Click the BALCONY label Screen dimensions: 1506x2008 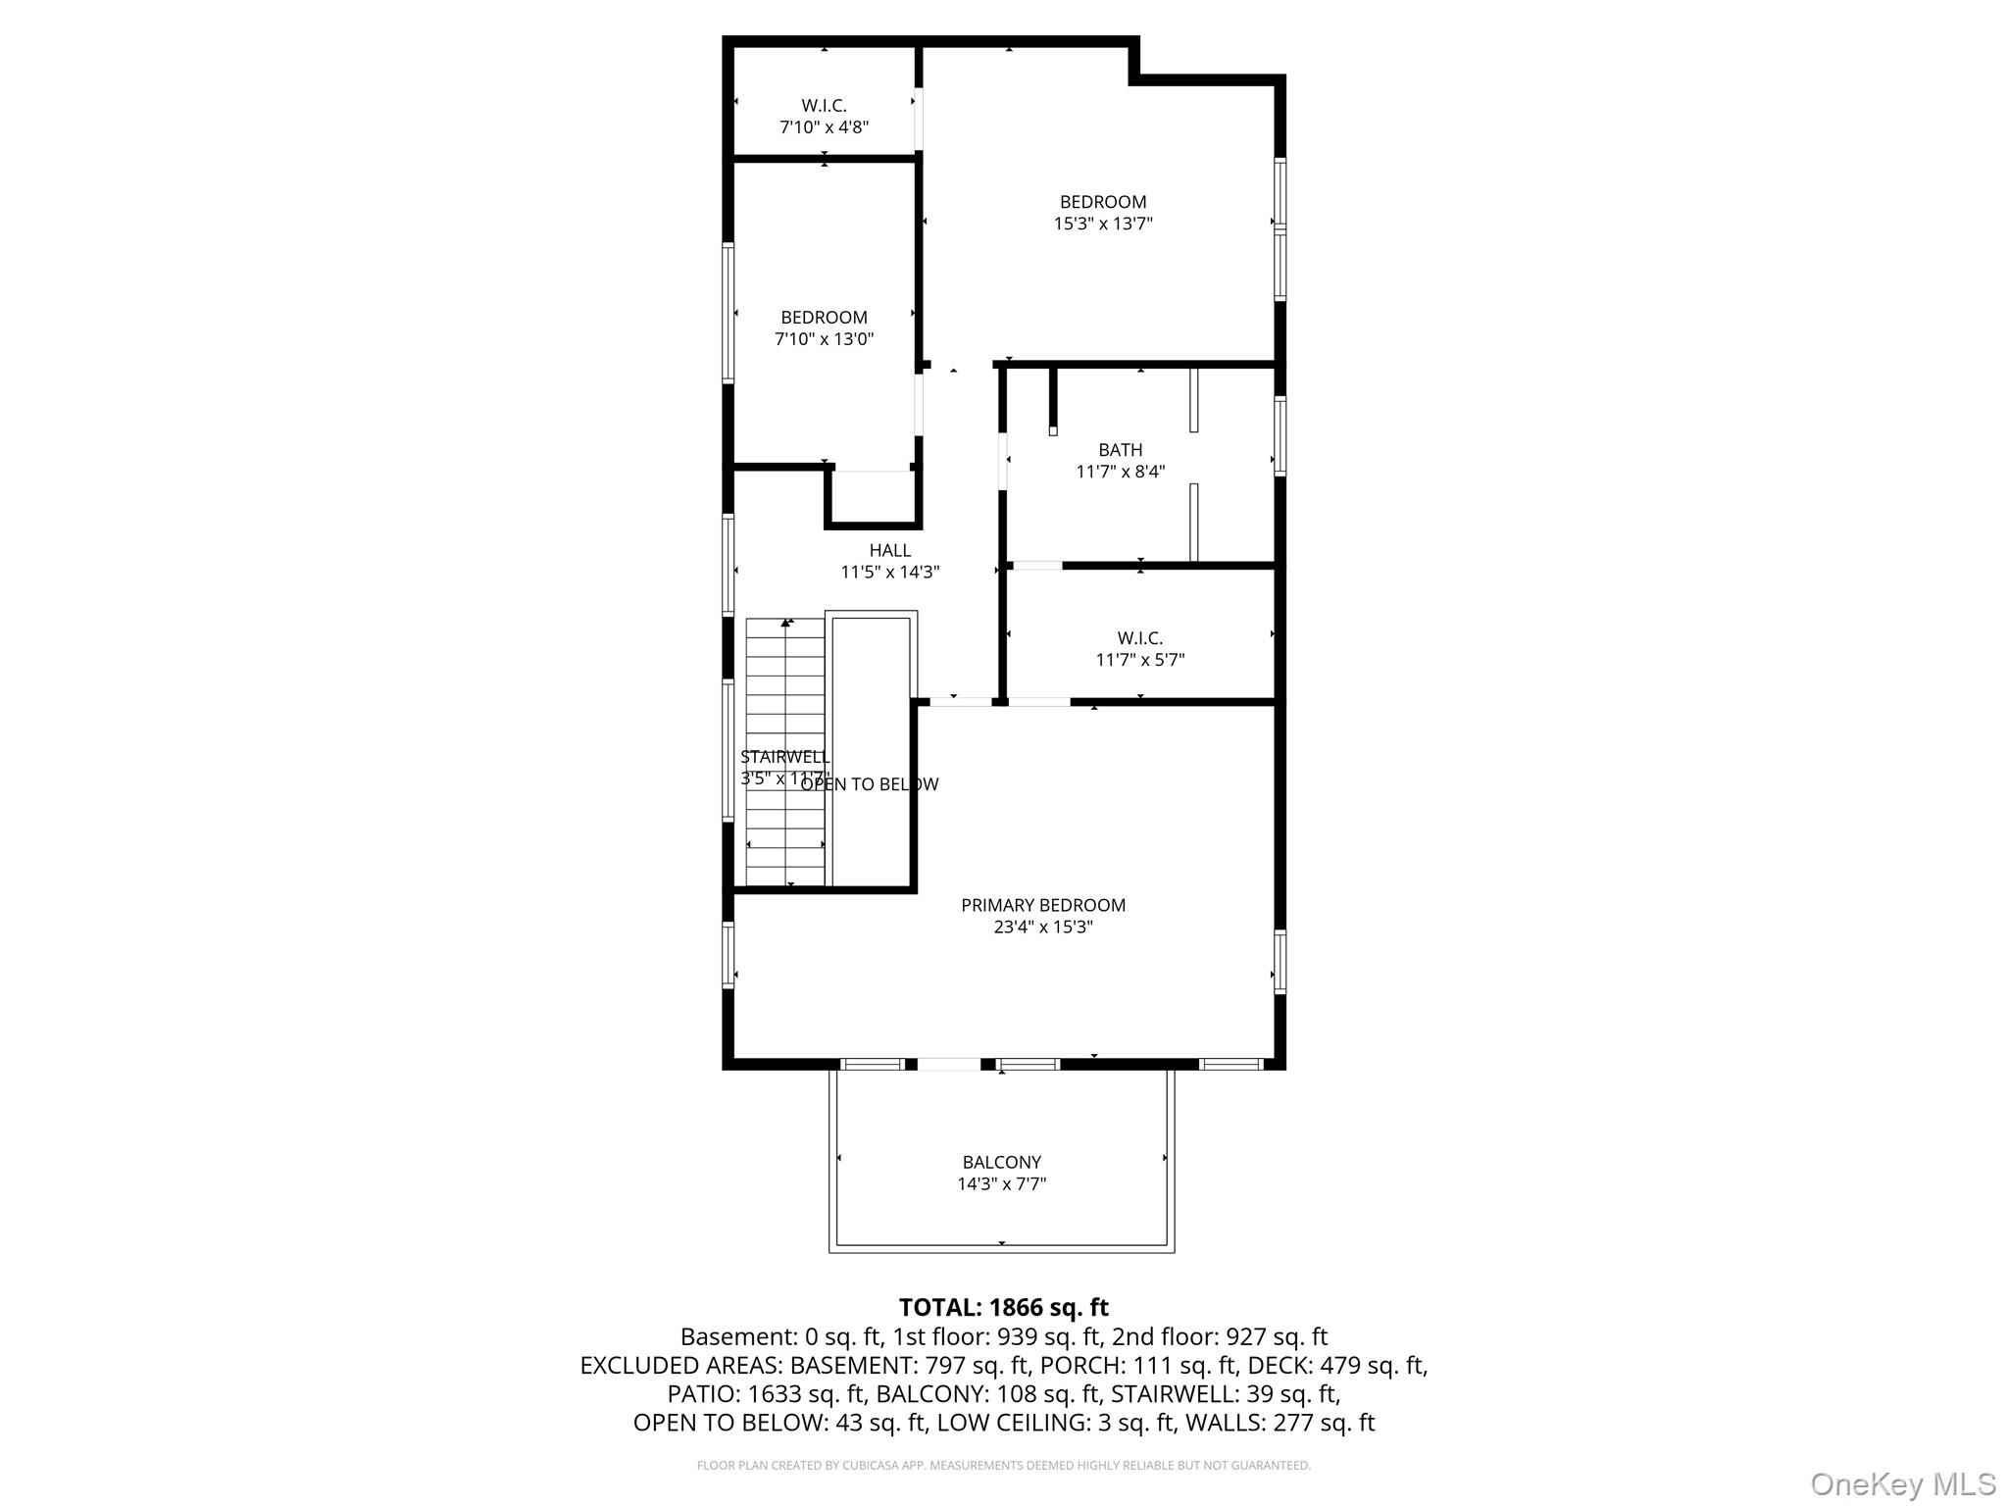click(x=1001, y=1162)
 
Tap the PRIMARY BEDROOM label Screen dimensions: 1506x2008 click(x=1042, y=905)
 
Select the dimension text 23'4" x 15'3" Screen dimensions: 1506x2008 click(x=1042, y=927)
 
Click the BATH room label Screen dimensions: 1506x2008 click(x=1120, y=449)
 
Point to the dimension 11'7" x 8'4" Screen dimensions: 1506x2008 click(x=1120, y=472)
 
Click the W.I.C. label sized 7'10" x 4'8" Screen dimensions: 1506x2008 click(x=824, y=105)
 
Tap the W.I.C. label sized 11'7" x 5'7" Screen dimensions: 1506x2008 click(x=1139, y=638)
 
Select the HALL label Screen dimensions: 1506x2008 click(x=889, y=550)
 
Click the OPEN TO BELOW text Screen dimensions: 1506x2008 click(x=871, y=784)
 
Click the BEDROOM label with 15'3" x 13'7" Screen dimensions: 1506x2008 click(x=1102, y=202)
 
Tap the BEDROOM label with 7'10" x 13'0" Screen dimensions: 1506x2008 click(x=824, y=318)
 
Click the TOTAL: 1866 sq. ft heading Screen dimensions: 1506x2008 click(x=1003, y=1307)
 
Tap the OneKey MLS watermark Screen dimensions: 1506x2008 click(x=1902, y=1483)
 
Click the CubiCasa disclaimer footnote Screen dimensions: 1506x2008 click(x=1003, y=1466)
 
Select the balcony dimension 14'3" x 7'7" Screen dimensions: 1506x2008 click(x=1001, y=1183)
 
